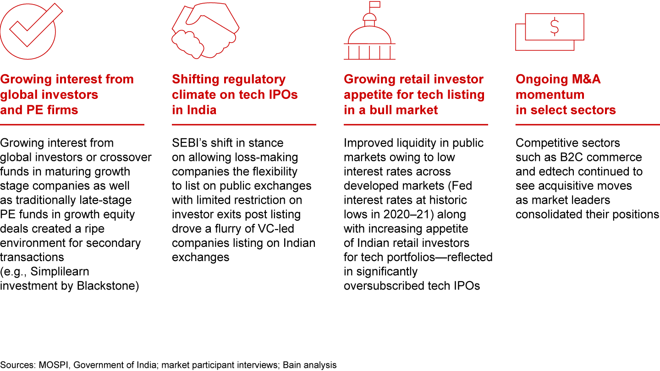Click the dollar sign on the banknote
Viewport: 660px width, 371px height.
pos(555,27)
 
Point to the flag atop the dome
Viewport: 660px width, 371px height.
pos(375,5)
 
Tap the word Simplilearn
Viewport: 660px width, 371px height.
pos(60,272)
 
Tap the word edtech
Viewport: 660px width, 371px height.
pos(555,171)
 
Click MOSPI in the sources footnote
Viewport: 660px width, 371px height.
pos(54,365)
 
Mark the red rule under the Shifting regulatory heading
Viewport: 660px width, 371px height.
pos(244,125)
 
